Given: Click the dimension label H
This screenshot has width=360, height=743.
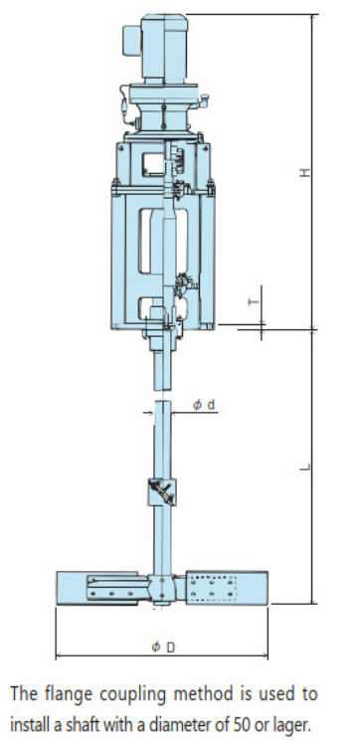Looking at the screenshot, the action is pos(306,172).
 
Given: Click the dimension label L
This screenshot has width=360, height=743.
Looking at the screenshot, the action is pos(306,466).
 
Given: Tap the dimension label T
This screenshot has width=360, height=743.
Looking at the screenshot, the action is pos(254,300).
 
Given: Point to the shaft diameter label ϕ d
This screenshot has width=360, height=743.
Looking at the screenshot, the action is pos(204,405).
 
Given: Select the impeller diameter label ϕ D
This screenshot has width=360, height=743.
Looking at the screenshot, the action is pos(163,647).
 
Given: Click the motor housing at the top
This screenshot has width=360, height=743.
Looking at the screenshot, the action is pos(164,49).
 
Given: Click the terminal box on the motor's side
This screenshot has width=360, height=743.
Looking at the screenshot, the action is pos(131,40).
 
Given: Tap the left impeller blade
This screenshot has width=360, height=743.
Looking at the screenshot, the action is pos(98,588).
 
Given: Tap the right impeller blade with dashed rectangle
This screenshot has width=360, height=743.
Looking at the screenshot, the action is pos(227,588).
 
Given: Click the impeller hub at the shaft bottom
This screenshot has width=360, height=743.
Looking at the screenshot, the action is pos(162,588).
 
